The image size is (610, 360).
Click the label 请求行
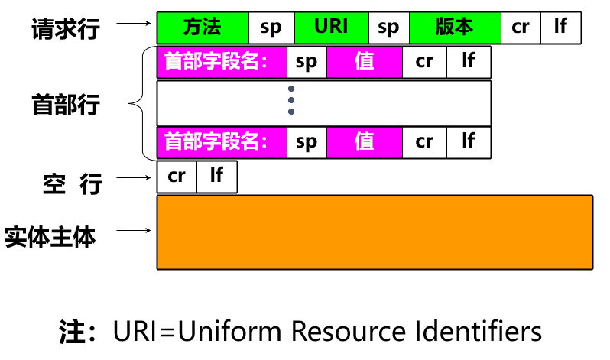pyautogui.click(x=66, y=28)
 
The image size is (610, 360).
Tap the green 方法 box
pyautogui.click(x=203, y=28)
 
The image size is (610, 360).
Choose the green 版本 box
pyautogui.click(x=455, y=28)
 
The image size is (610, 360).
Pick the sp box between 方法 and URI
pyautogui.click(x=271, y=28)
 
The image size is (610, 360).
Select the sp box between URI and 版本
pyautogui.click(x=388, y=28)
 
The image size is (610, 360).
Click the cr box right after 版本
pyautogui.click(x=521, y=28)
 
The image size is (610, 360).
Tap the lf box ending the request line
pyautogui.click(x=560, y=28)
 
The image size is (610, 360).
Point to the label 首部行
pyautogui.click(x=66, y=105)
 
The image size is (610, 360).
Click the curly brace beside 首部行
pyautogui.click(x=138, y=102)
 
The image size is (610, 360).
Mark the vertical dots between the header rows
pyautogui.click(x=291, y=101)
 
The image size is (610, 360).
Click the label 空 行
pyautogui.click(x=72, y=183)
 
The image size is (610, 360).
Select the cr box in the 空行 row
pyautogui.click(x=177, y=177)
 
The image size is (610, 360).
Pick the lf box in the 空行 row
pyautogui.click(x=217, y=177)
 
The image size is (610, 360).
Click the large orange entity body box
pyautogui.click(x=375, y=232)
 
